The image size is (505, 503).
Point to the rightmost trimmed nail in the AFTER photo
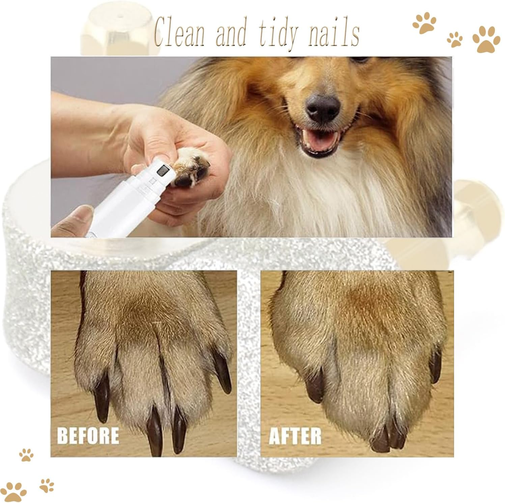pyautogui.click(x=436, y=365)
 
